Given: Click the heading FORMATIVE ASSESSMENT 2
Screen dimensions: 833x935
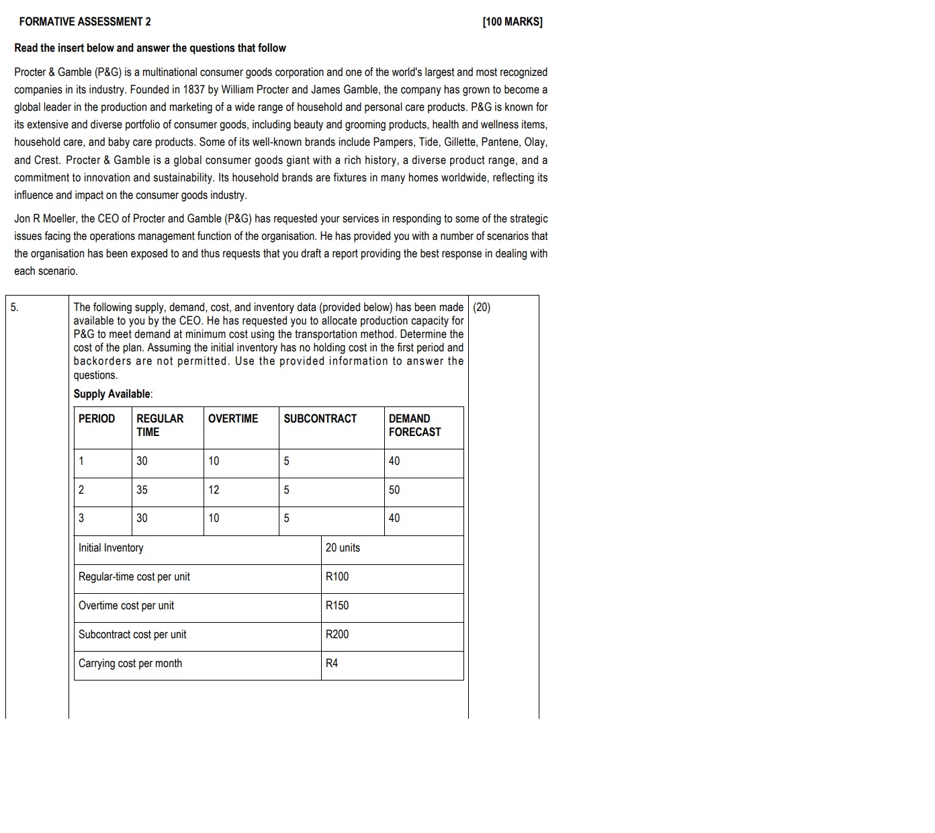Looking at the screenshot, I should point(85,21).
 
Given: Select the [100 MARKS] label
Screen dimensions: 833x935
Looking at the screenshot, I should point(513,21).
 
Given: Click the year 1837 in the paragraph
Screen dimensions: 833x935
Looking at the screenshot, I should point(193,89).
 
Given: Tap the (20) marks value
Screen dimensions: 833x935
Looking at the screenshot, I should point(482,308).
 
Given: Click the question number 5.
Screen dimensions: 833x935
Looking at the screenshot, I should point(14,308).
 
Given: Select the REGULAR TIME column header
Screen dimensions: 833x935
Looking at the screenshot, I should point(160,425).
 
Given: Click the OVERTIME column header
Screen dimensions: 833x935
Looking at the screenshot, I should point(232,419).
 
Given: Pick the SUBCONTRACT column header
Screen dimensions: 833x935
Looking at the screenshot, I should point(320,419).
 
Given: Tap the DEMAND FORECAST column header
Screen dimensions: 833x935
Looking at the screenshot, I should point(414,425).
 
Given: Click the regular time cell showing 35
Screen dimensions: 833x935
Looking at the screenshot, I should point(142,490).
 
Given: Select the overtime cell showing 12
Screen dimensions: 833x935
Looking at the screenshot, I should point(214,490).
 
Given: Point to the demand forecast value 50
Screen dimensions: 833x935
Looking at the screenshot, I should point(394,490).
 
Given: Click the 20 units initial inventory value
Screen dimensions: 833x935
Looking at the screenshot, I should point(343,547).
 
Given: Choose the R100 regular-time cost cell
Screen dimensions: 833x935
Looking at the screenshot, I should point(337,576).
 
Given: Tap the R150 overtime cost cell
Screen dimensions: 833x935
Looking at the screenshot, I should point(337,605).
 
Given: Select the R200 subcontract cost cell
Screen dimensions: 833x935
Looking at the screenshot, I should point(337,634).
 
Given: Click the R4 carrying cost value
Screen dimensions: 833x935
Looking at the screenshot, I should point(332,663).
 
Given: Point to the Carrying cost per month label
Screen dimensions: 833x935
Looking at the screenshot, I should point(130,663).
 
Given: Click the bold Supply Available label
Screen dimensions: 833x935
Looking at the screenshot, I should point(113,394).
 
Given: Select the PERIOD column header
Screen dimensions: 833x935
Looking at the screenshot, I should point(97,419).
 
